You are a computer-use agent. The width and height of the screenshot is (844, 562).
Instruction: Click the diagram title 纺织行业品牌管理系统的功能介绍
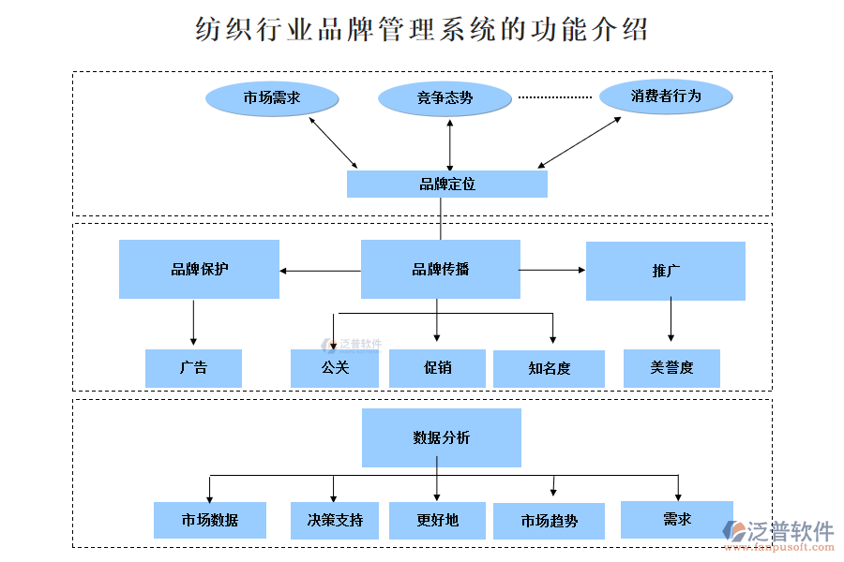421,29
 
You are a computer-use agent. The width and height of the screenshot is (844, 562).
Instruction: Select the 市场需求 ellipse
271,97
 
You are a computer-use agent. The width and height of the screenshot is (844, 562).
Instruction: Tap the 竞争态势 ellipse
445,98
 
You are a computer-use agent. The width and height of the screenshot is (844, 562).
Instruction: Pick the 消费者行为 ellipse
666,96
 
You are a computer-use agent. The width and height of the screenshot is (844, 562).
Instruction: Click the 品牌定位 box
446,184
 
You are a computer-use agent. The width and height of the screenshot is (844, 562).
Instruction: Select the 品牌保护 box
199,270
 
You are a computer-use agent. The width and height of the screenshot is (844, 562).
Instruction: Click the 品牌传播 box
440,270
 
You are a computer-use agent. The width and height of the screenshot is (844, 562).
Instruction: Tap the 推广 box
665,272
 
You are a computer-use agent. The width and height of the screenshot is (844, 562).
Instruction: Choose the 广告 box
193,368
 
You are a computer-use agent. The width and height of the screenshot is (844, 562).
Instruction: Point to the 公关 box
335,368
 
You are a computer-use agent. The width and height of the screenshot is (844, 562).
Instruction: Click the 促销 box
437,368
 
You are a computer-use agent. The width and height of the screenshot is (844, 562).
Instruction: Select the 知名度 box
549,369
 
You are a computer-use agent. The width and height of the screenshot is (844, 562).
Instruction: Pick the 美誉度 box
671,368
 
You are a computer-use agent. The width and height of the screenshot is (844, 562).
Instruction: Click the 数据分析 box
441,437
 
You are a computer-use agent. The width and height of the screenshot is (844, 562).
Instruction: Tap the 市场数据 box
210,520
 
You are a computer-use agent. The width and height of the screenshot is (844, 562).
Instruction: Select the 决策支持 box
335,520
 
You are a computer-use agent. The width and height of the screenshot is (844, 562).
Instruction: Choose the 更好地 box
437,520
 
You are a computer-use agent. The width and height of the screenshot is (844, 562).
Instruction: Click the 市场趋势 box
549,521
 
